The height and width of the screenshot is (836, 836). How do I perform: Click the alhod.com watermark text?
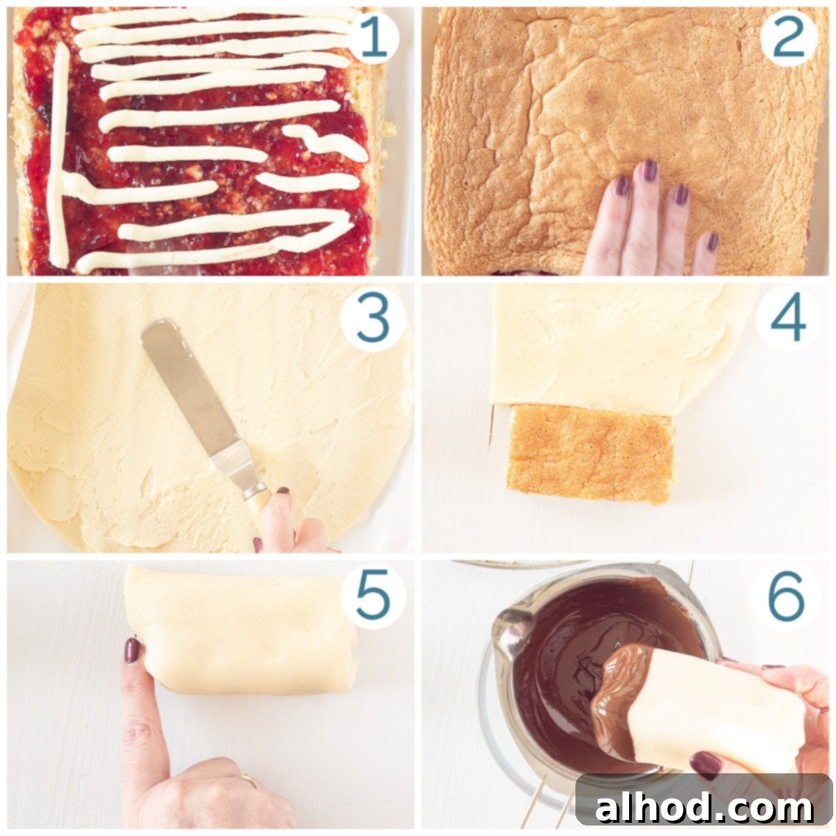(x=704, y=808)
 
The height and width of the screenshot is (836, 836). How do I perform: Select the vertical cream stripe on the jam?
(x=59, y=153)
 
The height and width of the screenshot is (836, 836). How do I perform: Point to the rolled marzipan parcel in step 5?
(x=244, y=630)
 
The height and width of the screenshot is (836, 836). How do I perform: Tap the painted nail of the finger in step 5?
(x=132, y=650)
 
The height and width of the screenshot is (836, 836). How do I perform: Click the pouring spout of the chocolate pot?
(x=505, y=624)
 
